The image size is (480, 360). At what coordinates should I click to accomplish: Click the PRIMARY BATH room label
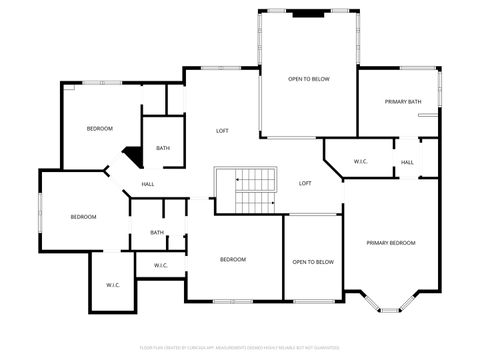tap(404, 101)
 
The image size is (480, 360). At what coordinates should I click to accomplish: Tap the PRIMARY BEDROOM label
tap(390, 243)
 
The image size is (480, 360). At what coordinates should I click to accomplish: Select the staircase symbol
tap(246, 190)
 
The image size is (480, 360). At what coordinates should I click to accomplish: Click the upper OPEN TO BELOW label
tap(309, 78)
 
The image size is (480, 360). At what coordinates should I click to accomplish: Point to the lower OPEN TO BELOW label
tap(313, 262)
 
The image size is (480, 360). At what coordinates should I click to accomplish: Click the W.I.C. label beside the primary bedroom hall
tap(361, 161)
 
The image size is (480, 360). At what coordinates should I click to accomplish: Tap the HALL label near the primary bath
tap(407, 162)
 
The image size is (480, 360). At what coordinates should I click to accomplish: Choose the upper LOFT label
tap(223, 131)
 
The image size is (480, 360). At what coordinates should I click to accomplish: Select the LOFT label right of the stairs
tap(306, 183)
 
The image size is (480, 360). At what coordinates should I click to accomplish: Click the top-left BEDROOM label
tap(99, 128)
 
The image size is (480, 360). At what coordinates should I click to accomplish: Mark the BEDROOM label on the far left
tap(83, 217)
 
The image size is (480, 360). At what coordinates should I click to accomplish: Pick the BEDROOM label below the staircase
tap(233, 259)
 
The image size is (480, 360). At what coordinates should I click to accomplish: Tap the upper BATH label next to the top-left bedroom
tap(163, 149)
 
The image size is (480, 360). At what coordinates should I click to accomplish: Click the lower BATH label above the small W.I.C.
tap(157, 232)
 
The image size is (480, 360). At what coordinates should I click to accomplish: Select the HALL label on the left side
tap(147, 184)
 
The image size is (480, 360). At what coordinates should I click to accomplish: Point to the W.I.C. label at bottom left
tap(113, 285)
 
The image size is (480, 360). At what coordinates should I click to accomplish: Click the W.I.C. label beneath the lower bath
tap(161, 265)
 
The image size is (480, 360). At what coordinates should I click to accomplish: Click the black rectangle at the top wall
tap(308, 14)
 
